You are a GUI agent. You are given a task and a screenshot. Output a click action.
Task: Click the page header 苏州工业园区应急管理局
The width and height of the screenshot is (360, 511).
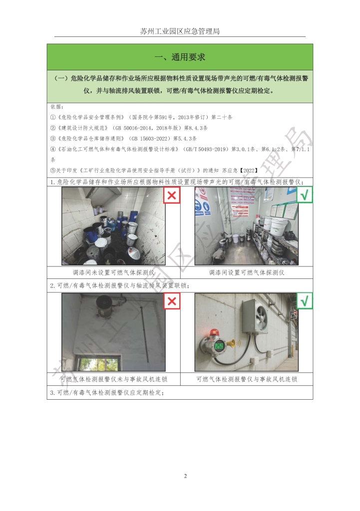coord(180,31)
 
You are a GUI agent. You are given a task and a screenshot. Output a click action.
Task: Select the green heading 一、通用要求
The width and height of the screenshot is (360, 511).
coord(180,57)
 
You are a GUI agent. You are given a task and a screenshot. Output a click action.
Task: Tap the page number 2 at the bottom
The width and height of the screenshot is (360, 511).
coord(186,476)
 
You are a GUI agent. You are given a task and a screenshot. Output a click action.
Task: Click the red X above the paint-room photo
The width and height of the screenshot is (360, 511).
coord(172,195)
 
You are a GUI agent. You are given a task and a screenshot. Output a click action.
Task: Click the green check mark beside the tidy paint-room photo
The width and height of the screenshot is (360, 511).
coord(305,195)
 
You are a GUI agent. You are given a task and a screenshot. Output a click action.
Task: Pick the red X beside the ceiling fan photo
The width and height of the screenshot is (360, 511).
coord(172,301)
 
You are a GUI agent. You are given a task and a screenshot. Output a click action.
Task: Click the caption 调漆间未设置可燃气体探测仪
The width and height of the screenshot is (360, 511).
coord(113,272)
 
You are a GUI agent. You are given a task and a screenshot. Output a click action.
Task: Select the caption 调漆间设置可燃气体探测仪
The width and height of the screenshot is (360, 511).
coord(247,272)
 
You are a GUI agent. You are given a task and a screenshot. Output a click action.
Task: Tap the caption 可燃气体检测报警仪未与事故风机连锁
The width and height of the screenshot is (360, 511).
coord(113,379)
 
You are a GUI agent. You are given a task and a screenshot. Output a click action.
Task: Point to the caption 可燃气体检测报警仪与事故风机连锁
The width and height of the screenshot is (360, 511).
coord(247,379)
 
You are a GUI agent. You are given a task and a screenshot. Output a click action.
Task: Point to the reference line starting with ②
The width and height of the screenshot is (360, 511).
coord(129,128)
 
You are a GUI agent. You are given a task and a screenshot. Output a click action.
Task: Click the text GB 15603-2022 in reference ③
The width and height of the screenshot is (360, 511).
coord(150,139)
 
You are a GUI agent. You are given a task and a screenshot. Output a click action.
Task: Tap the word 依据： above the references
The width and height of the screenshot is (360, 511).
coord(57,107)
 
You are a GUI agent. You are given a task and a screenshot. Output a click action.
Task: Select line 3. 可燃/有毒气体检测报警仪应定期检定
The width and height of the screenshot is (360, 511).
coord(107,393)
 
